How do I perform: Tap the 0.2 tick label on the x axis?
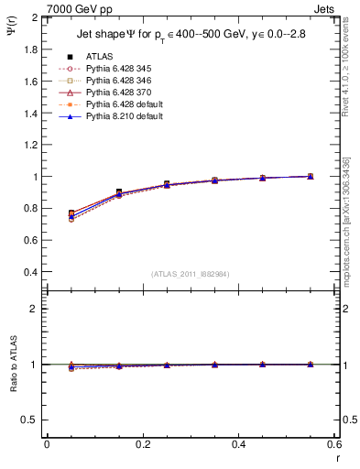[142, 443]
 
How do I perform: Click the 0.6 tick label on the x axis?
[333, 443]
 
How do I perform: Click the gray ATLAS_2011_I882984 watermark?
[191, 273]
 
